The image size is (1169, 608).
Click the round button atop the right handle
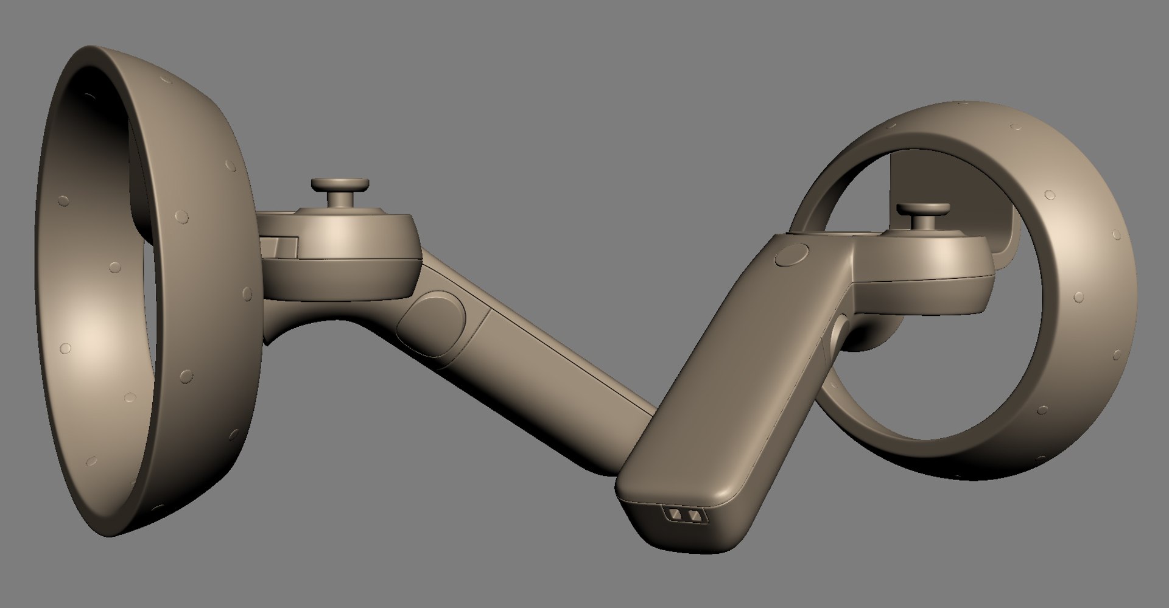pyautogui.click(x=792, y=254)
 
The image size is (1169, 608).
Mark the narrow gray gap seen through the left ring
pyautogui.click(x=146, y=304)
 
